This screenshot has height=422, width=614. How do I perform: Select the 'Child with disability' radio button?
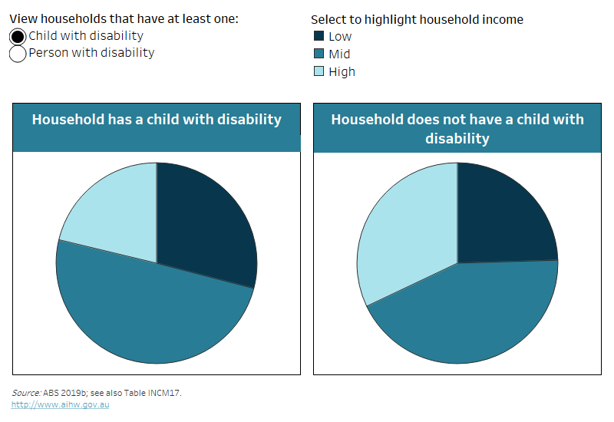pyautogui.click(x=18, y=36)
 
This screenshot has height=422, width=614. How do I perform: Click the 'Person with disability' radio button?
pyautogui.click(x=18, y=54)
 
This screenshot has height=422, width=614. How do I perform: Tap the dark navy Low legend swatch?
pyautogui.click(x=319, y=36)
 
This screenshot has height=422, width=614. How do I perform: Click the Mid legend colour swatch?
pyautogui.click(x=319, y=54)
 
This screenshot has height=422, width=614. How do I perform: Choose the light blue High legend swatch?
pyautogui.click(x=319, y=71)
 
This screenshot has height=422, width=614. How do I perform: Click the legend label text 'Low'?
pyautogui.click(x=340, y=36)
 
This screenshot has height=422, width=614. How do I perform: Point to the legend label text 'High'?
pyautogui.click(x=342, y=71)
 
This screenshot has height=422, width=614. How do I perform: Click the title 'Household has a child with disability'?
pyautogui.click(x=157, y=120)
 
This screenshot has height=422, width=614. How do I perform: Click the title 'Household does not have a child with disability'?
pyautogui.click(x=457, y=129)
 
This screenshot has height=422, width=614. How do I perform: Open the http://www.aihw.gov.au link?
pyautogui.click(x=60, y=404)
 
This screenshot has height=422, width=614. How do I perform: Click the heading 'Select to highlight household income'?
pyautogui.click(x=417, y=19)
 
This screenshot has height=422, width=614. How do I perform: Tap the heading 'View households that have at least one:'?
pyautogui.click(x=124, y=19)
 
